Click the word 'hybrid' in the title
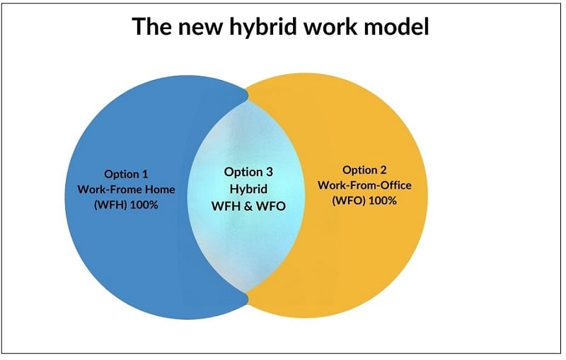(x=264, y=26)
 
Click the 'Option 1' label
(x=126, y=174)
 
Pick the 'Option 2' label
(x=364, y=170)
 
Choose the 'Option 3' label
(x=248, y=172)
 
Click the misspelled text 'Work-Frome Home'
(x=126, y=190)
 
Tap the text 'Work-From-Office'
(x=364, y=185)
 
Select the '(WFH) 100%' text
(x=126, y=205)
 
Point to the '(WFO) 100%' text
(x=364, y=201)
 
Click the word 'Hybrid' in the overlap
(x=249, y=189)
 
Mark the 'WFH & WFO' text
(x=248, y=206)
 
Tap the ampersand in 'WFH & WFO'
(x=248, y=206)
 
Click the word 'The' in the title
(x=153, y=26)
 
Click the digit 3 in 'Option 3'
(x=269, y=171)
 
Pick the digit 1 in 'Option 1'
(x=145, y=174)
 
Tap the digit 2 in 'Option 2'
(x=383, y=170)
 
